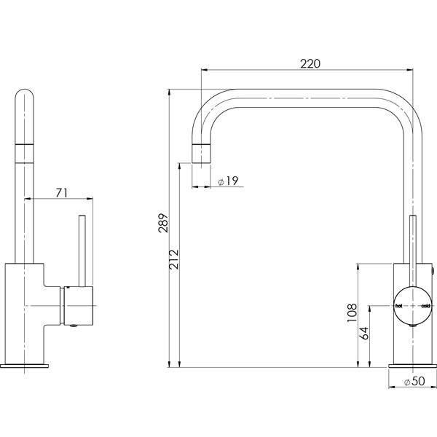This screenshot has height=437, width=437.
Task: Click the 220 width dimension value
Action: coord(310,63)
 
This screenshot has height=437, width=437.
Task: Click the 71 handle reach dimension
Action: coord(61,192)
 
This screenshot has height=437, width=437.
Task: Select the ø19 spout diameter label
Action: coord(229,182)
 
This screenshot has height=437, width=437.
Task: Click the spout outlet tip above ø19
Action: coord(203,154)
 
